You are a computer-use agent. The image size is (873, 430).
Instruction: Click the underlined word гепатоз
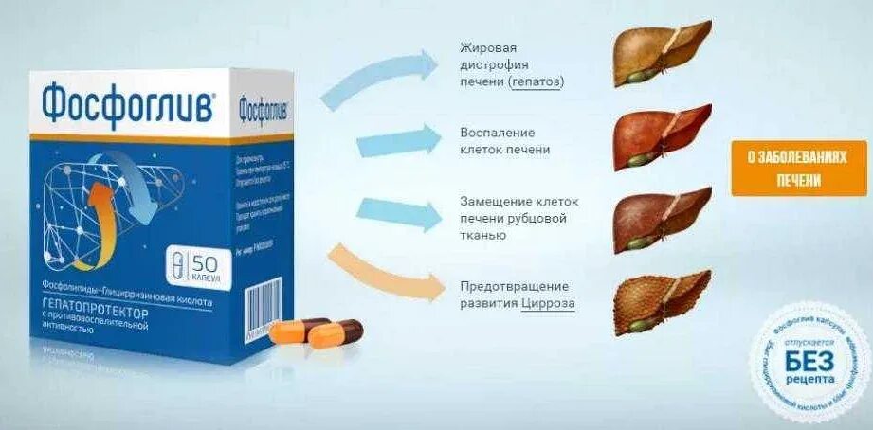(x=536, y=82)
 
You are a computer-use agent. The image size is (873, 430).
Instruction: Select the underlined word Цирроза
(x=547, y=304)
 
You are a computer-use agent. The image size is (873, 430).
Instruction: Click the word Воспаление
(x=498, y=132)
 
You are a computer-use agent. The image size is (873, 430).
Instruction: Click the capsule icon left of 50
(x=177, y=262)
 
